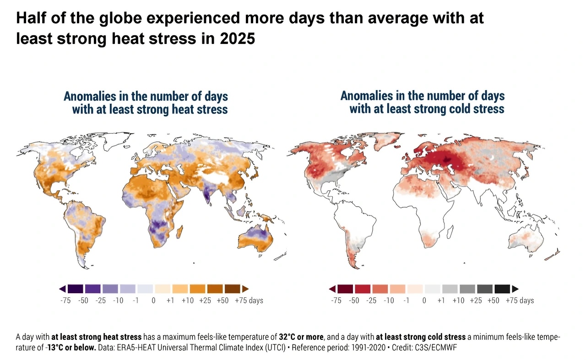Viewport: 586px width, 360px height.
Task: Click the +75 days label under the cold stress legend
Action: (x=520, y=301)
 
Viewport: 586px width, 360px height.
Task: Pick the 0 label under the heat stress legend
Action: (x=153, y=301)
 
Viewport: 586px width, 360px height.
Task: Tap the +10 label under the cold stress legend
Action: (x=458, y=301)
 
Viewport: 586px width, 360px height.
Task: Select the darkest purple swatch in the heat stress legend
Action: (x=76, y=289)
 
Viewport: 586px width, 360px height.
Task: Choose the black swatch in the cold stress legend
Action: (x=502, y=289)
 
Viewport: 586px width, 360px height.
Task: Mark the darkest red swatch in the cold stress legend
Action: (x=346, y=289)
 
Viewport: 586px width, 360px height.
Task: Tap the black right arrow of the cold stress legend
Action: (x=515, y=289)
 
